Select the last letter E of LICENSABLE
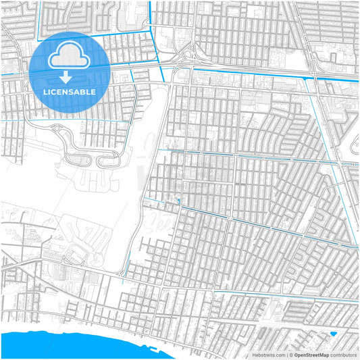tap(93, 91)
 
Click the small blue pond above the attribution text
tap(333, 334)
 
